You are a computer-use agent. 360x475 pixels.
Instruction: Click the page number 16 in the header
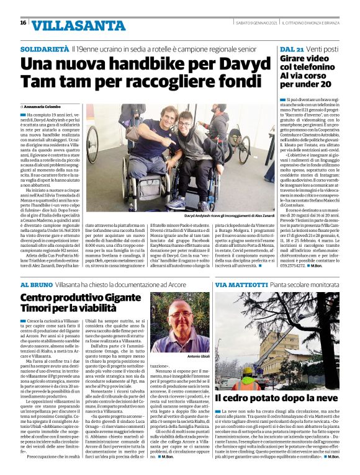point(23,22)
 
